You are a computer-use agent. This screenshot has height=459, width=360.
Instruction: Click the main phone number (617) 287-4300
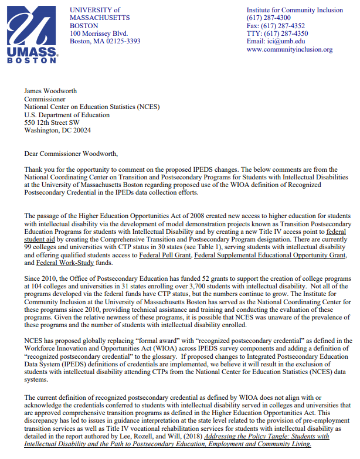tap(269, 18)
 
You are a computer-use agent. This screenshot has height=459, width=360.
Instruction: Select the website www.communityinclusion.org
tap(289, 49)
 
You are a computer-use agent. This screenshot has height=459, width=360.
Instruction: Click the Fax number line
tap(276, 26)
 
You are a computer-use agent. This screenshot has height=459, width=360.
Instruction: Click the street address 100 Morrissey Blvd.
tap(98, 33)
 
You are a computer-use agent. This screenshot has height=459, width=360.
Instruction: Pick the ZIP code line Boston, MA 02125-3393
tap(104, 41)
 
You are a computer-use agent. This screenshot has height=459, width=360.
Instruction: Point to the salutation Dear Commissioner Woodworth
tap(71, 154)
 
